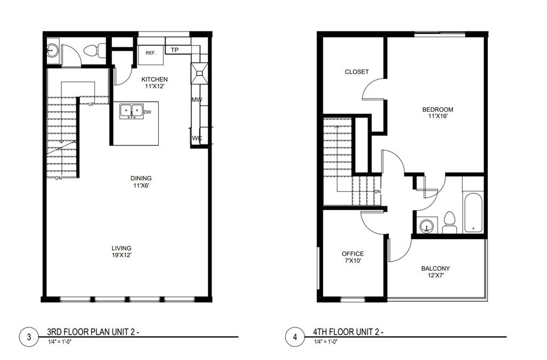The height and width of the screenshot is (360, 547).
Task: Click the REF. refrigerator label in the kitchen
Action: point(151,53)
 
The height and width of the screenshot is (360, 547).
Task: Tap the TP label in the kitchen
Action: point(174,50)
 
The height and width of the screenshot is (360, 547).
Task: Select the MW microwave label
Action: point(196,100)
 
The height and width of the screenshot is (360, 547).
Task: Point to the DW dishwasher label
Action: point(147,112)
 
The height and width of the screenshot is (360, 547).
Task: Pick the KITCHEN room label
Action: point(154,80)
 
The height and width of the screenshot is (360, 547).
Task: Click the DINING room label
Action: point(141,178)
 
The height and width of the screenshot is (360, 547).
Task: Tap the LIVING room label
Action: point(121,248)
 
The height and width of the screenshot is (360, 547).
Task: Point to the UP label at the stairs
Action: point(91,104)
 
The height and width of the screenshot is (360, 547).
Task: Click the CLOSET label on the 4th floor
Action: point(356,72)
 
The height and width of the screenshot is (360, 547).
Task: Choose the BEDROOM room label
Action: point(437,109)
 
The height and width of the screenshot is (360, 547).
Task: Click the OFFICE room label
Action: point(353,254)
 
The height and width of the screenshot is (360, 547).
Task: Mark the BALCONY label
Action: point(435,269)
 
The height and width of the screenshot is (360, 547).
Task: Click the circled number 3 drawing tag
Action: point(28,337)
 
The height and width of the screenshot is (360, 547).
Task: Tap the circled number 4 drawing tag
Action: point(295,337)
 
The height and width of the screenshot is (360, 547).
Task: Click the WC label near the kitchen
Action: point(197,138)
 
